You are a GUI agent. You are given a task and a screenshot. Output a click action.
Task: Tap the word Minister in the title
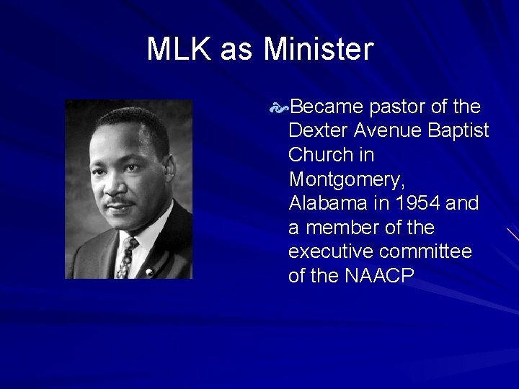pyautogui.click(x=319, y=50)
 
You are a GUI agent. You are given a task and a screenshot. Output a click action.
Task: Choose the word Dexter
pyautogui.click(x=314, y=131)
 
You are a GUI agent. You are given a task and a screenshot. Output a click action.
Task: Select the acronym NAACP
pyautogui.click(x=377, y=277)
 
